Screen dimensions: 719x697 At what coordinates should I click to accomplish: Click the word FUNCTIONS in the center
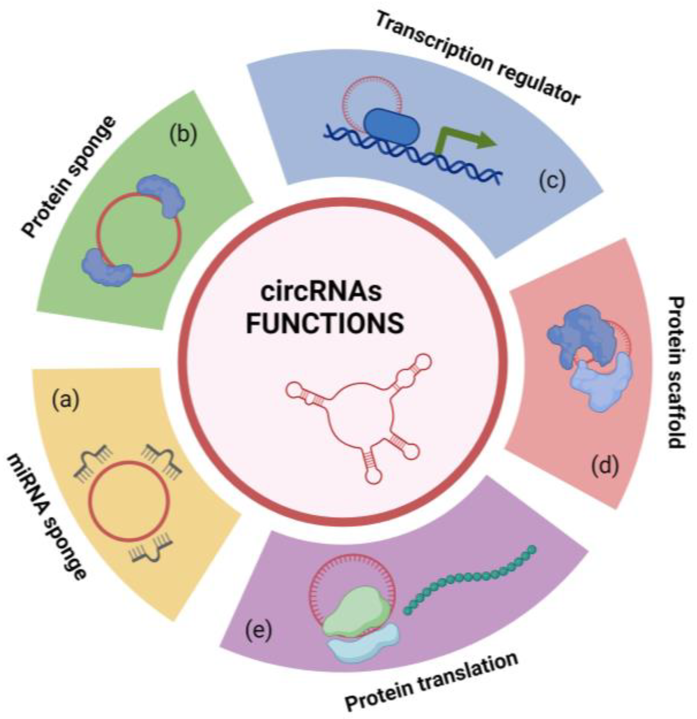(325, 323)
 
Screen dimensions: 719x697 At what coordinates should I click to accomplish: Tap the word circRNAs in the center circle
(321, 292)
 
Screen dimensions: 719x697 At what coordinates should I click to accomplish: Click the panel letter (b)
(183, 135)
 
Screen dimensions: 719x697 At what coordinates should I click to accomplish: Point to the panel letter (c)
(552, 181)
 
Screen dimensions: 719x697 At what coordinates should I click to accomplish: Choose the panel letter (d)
(605, 467)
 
